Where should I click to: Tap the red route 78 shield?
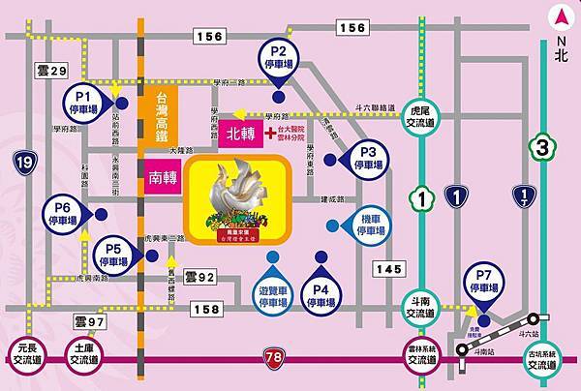[276, 360]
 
